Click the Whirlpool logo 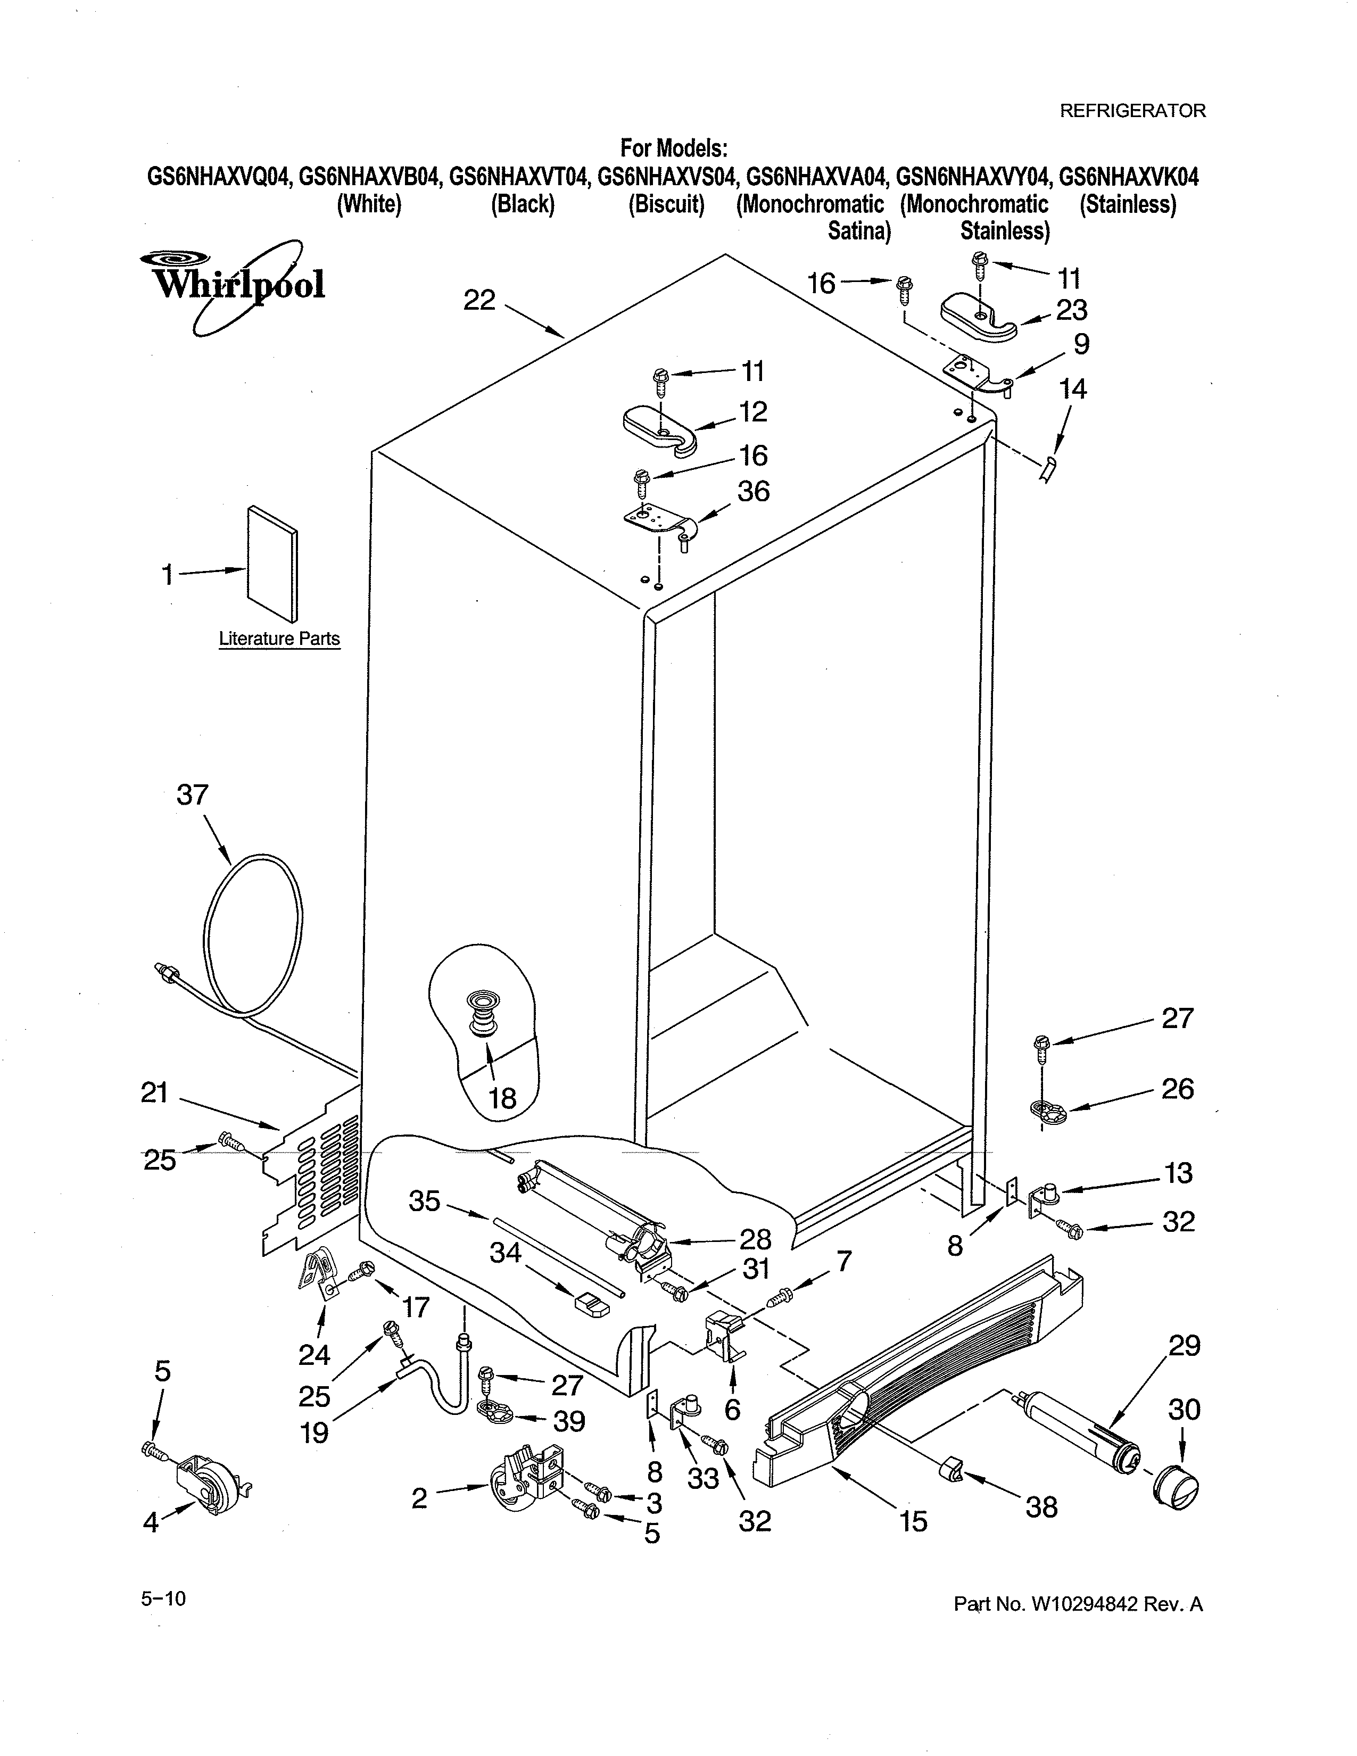233,283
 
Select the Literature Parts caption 279,639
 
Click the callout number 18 502,1098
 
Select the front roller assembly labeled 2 526,1478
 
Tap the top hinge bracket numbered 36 661,520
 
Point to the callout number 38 1041,1507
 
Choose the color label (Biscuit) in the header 666,205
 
